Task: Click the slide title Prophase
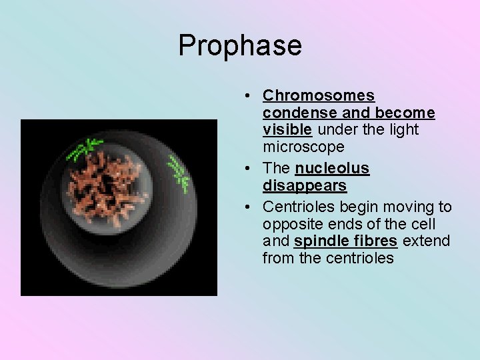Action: [x=240, y=45]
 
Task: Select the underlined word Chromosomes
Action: [x=318, y=96]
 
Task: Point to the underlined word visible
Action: [x=287, y=129]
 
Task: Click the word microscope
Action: [x=303, y=146]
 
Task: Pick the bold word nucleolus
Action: [x=332, y=168]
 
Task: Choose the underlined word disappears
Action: [x=305, y=185]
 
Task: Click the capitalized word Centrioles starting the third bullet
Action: [x=297, y=207]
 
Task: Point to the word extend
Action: [x=426, y=241]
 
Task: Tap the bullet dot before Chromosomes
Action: [x=247, y=96]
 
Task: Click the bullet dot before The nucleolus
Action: [x=247, y=168]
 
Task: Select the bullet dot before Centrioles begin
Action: [x=247, y=207]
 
